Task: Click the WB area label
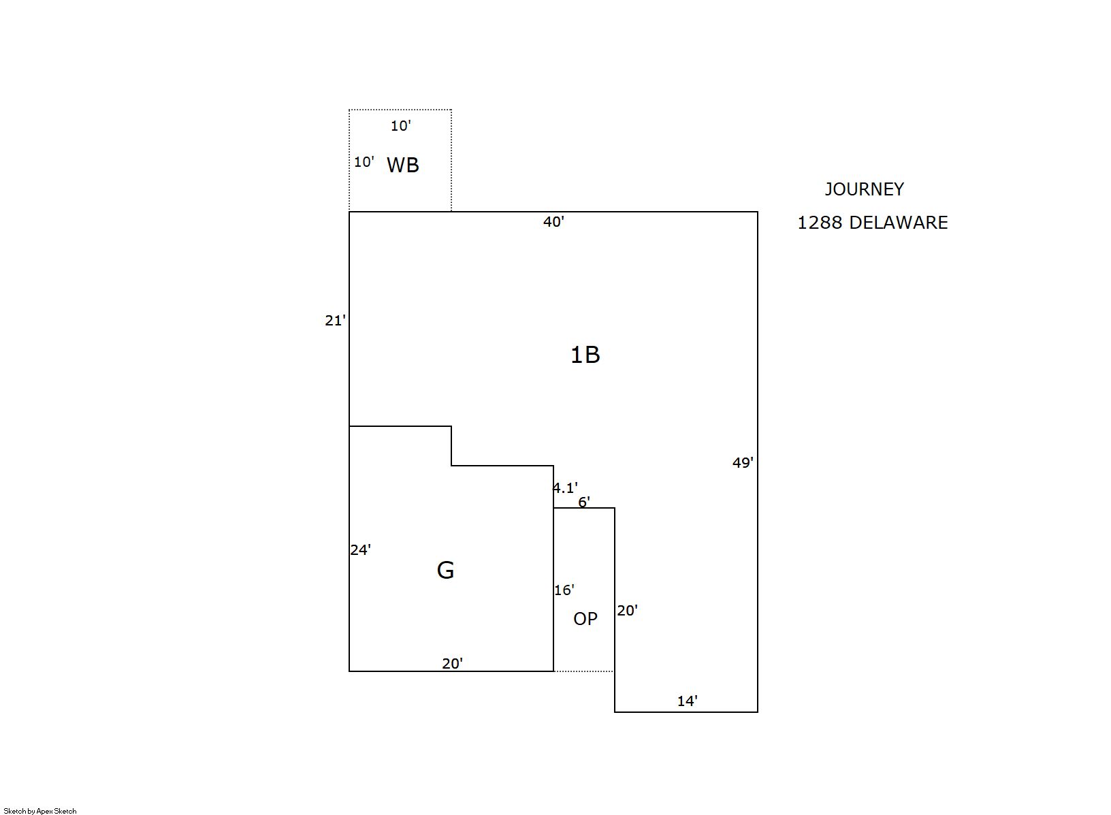coord(403,165)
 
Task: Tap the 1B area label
coord(585,355)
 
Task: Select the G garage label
coord(445,570)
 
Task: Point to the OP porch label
coord(585,618)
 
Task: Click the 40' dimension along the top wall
coord(553,222)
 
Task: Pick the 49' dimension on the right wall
coord(743,463)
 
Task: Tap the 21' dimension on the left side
coord(336,321)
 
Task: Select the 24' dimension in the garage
coord(361,549)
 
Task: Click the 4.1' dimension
coord(566,488)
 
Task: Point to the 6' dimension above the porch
coord(584,502)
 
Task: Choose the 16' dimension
coord(564,590)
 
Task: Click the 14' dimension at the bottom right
coord(688,701)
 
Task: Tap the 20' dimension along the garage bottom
coord(452,663)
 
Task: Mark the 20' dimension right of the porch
coord(628,611)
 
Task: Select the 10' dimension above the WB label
coord(401,126)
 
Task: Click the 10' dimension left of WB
coord(364,162)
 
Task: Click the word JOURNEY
coord(864,189)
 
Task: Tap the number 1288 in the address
coord(820,223)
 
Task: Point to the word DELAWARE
coord(898,223)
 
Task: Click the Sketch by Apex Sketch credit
coord(40,811)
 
